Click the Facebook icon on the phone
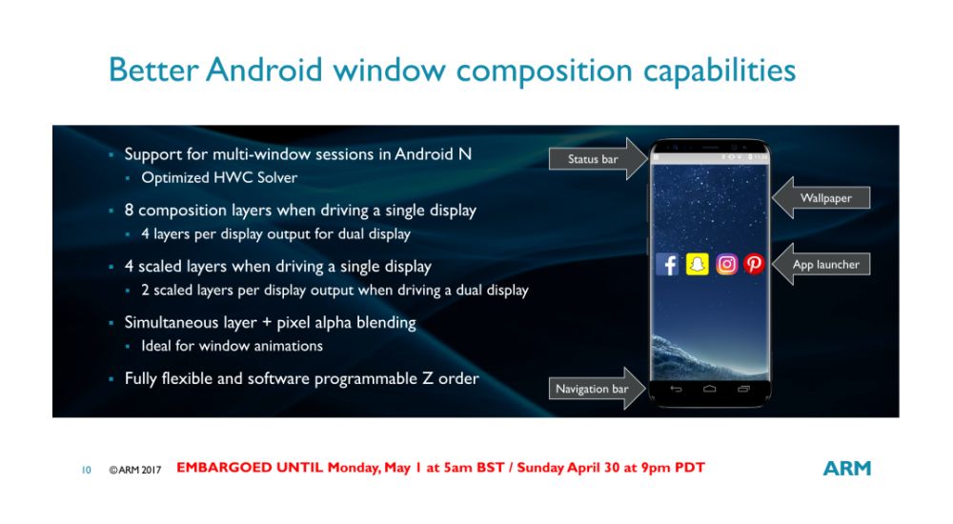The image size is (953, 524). (667, 265)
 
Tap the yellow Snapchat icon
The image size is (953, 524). (698, 265)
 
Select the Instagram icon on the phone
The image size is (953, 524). (726, 265)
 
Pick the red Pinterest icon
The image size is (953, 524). (754, 265)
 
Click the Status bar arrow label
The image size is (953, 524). (598, 159)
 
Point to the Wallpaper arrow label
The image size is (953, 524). (821, 197)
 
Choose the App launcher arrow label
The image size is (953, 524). (821, 265)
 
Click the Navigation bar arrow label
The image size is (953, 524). (597, 389)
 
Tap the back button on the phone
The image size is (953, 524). (676, 389)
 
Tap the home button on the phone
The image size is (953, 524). (709, 389)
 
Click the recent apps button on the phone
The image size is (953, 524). (743, 389)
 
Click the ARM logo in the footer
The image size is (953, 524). (846, 468)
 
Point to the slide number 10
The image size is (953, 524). (87, 470)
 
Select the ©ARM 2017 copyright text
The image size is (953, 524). (135, 470)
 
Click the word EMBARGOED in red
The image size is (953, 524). (224, 468)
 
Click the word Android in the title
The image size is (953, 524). (264, 70)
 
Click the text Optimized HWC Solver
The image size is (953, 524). (219, 177)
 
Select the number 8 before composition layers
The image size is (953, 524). (129, 211)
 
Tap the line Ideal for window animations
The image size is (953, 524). (233, 346)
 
